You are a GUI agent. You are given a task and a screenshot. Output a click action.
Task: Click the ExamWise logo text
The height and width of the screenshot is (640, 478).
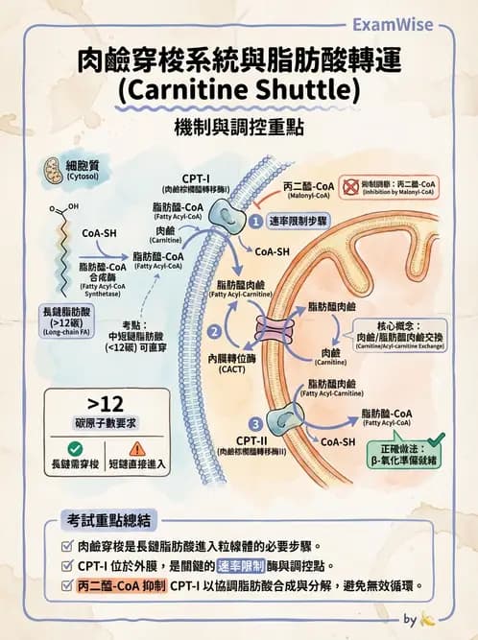pos(400,24)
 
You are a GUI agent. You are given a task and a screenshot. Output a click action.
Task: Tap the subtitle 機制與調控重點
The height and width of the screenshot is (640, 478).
pos(238,128)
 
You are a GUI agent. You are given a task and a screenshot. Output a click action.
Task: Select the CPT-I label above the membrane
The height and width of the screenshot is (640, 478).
pos(196,178)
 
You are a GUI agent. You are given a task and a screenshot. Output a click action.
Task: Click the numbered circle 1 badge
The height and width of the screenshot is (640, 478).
pos(256,220)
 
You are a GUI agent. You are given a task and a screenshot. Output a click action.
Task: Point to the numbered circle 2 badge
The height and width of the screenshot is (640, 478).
pos(215,331)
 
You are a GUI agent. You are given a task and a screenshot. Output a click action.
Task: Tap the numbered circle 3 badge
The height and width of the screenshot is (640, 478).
pos(254,423)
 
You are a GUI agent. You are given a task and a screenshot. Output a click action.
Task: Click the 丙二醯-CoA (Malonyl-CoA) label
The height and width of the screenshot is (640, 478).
pos(310,187)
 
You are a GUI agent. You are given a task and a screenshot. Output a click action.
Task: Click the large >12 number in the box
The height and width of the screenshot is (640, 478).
pos(106,402)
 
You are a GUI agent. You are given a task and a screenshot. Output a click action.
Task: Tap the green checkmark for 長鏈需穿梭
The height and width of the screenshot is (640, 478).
pos(75,448)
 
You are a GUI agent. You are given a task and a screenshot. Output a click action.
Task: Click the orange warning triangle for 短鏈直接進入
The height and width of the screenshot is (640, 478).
pos(136,448)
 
